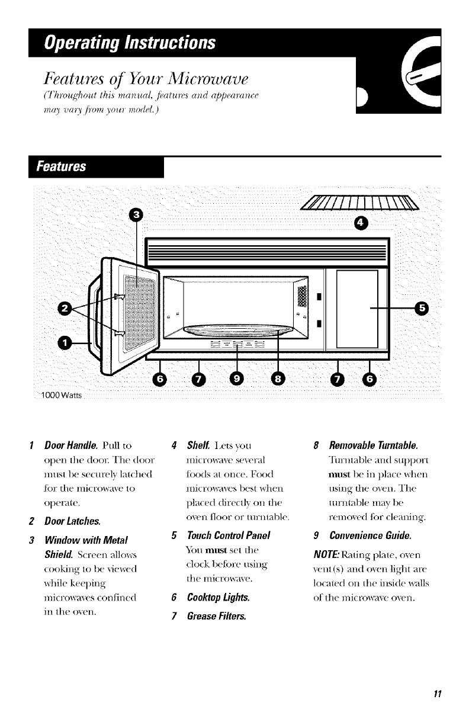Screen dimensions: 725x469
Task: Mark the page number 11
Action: [x=439, y=694]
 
